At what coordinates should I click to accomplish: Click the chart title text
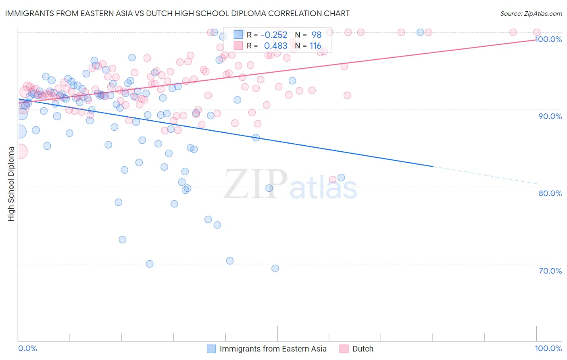point(177,13)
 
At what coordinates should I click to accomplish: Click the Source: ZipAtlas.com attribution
point(531,14)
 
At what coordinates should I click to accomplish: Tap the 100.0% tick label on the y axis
point(548,39)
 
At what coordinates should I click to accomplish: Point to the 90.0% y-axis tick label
point(550,116)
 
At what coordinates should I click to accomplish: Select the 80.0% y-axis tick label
point(550,193)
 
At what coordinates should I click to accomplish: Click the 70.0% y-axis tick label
point(550,271)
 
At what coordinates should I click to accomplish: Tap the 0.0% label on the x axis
point(28,348)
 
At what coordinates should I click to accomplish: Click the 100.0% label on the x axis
point(548,348)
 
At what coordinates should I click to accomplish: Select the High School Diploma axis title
point(11,184)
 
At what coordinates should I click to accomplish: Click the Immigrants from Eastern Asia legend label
point(273,349)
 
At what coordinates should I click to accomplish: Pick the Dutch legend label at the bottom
point(363,349)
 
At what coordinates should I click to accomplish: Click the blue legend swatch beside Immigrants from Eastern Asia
point(212,349)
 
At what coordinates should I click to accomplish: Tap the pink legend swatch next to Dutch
point(344,349)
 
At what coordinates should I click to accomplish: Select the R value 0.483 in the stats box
point(276,46)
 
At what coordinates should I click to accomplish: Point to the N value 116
point(315,46)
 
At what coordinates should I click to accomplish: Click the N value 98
point(316,35)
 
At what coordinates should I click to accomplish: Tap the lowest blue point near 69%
point(275,268)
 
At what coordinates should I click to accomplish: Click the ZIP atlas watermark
point(290,185)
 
